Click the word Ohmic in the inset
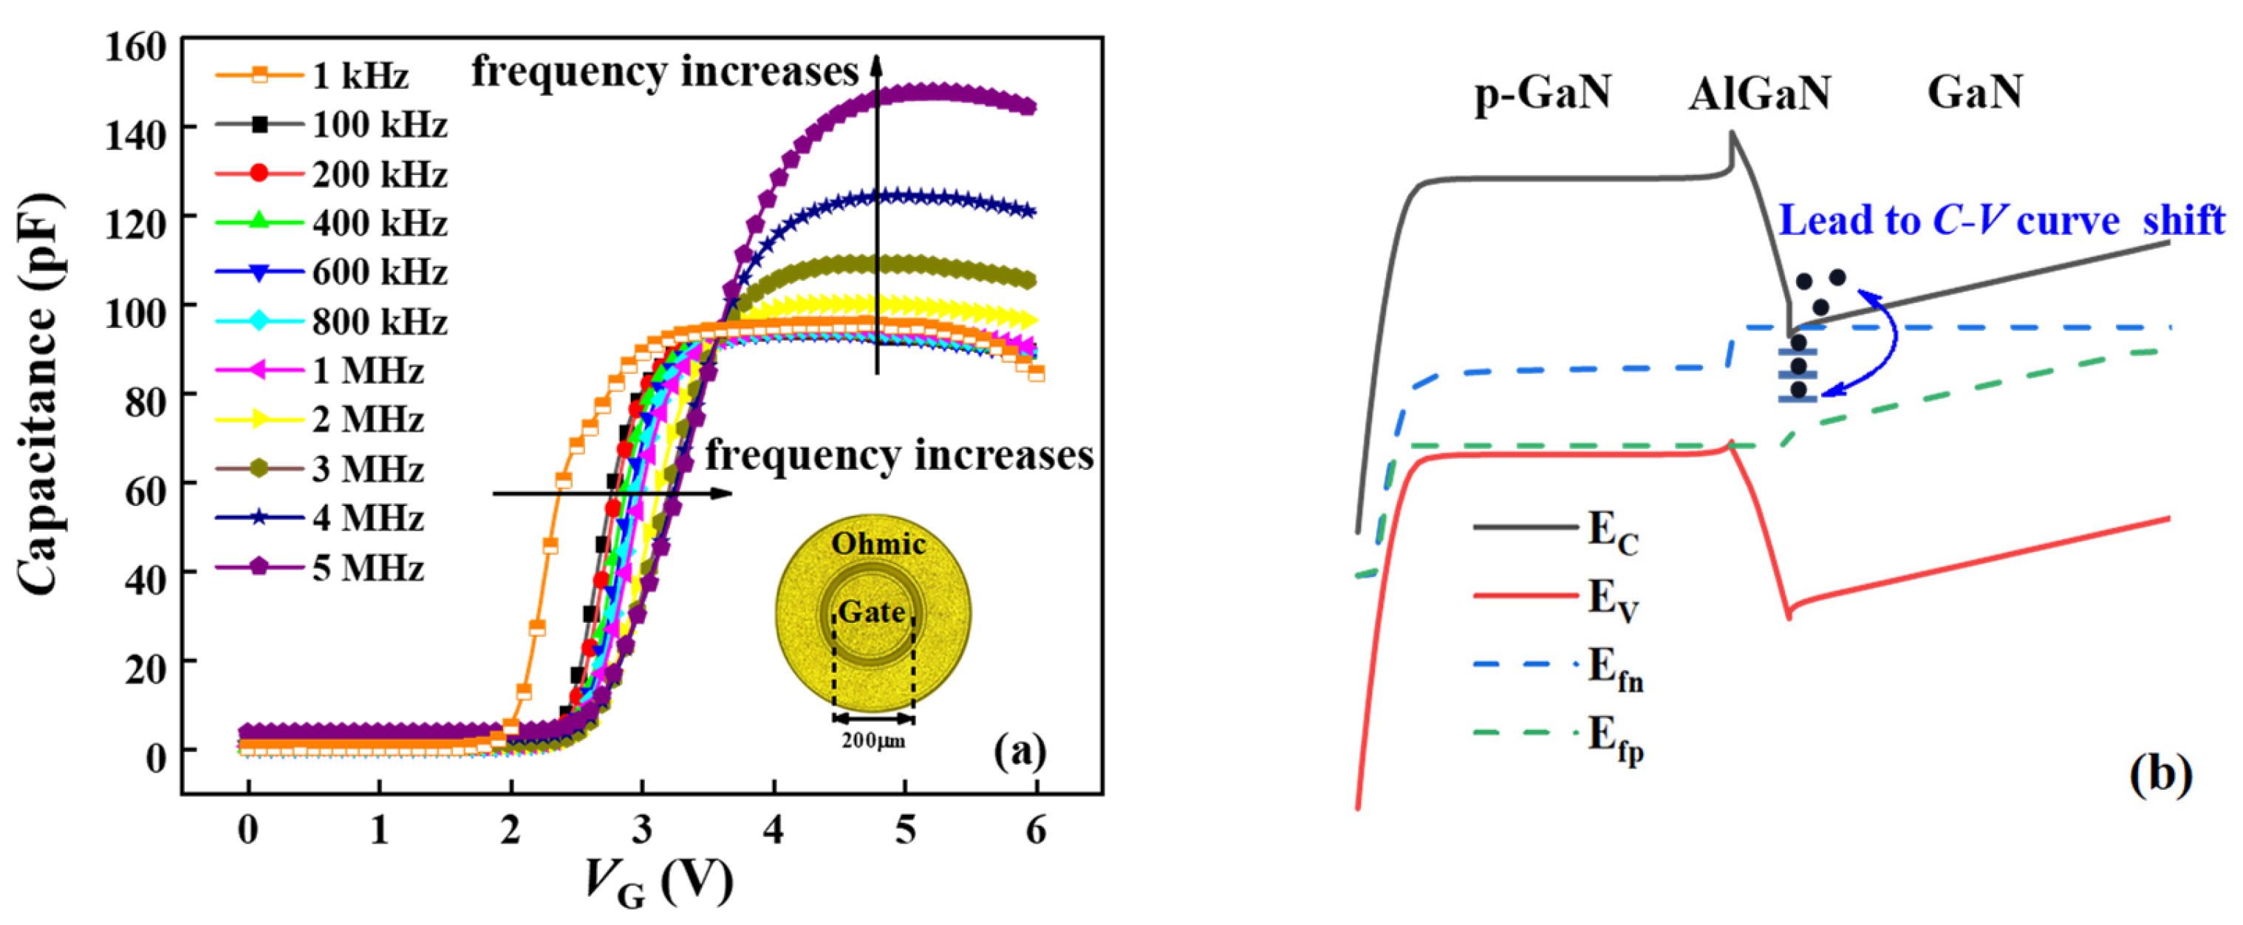[878, 545]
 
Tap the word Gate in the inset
[872, 612]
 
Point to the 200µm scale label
[873, 742]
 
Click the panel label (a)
[1020, 750]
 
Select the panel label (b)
[2160, 774]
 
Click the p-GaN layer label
[1542, 92]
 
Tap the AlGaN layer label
[1759, 94]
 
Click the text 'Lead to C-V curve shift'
[2001, 220]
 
